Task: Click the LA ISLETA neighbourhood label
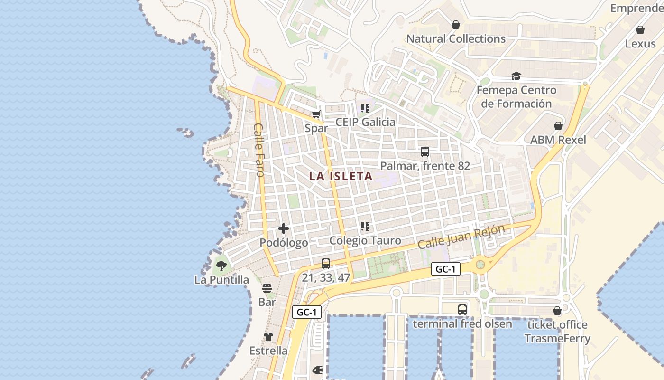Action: point(341,176)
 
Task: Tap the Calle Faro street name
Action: point(259,150)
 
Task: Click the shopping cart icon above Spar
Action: point(316,114)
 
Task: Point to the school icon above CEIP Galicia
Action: point(365,108)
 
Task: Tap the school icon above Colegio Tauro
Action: point(365,227)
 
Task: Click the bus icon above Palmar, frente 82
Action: point(425,152)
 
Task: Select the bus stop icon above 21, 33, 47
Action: point(325,264)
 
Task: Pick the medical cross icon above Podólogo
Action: point(284,229)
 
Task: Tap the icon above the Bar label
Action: point(267,288)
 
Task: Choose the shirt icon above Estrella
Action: point(268,337)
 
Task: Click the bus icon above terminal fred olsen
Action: point(462,310)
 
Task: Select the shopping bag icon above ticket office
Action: point(557,311)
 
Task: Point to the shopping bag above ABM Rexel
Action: point(558,126)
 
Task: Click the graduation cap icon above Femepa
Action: point(516,76)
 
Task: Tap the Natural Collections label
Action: point(456,39)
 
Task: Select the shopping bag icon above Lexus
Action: point(640,30)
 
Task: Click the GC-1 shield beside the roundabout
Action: point(446,269)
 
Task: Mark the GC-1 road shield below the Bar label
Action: point(307,312)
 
